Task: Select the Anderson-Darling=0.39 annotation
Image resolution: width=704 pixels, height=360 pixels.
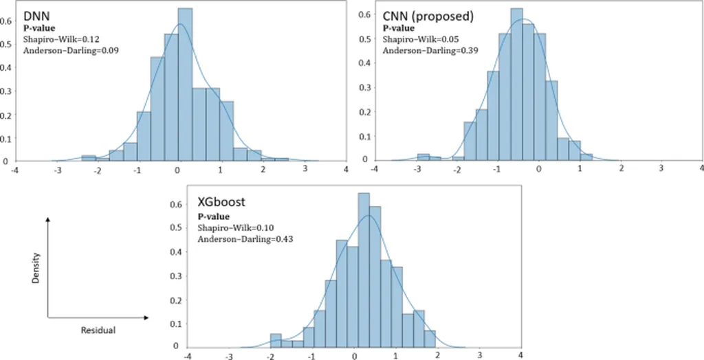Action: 421,50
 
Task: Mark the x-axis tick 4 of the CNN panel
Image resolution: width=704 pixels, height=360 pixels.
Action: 701,168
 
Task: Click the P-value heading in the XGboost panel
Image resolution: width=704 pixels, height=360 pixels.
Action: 212,217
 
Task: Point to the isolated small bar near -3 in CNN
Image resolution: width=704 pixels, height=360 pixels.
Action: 423,157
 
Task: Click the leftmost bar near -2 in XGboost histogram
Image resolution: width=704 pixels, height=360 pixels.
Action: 276,339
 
